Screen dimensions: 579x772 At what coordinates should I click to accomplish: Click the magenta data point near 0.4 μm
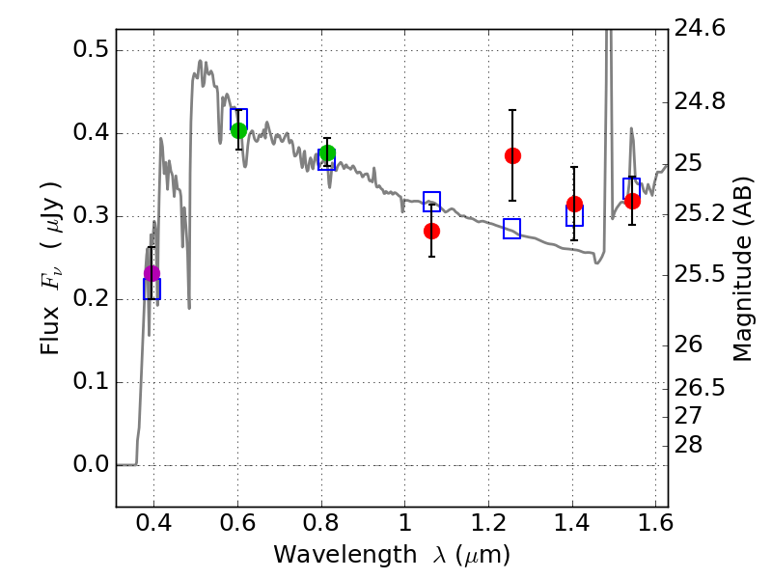(152, 274)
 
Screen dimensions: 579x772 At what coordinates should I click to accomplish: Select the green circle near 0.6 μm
(239, 130)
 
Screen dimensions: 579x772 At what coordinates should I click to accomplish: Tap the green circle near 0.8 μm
(327, 153)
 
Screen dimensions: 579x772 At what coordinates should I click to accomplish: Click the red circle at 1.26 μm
(512, 155)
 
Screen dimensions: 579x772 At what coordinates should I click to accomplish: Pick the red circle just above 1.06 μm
(431, 231)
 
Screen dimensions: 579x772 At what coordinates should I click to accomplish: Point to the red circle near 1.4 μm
(574, 204)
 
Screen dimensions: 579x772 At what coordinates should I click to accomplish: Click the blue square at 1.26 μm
(511, 229)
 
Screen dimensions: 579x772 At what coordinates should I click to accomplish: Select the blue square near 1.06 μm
(431, 202)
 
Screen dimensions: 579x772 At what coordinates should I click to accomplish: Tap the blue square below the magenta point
(152, 289)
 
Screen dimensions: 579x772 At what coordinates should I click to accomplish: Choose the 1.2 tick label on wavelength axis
(488, 525)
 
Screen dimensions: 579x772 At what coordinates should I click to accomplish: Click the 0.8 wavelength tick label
(321, 525)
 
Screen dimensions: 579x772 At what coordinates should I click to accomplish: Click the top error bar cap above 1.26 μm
(512, 110)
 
